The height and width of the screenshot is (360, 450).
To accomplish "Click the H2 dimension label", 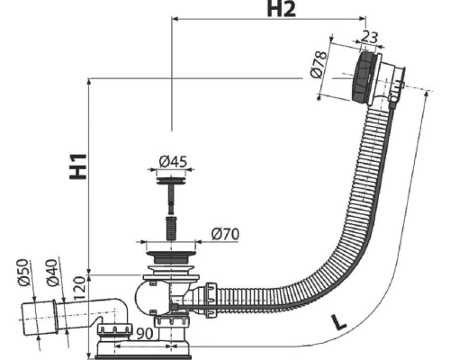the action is click(281, 9).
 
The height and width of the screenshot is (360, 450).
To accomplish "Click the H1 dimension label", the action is click(78, 166).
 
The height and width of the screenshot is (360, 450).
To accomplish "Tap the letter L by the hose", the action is click(338, 323).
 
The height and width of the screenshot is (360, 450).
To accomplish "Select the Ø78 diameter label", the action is click(319, 65).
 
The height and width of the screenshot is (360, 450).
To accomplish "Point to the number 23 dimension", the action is click(369, 37).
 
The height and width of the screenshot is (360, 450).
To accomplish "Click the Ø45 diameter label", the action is click(173, 161).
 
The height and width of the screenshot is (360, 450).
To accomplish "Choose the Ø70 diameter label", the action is click(225, 234).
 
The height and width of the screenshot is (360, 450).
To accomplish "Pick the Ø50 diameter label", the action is click(23, 272).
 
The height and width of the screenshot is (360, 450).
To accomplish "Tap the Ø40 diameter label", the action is click(51, 273).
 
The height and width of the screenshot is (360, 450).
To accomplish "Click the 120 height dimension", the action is click(80, 289).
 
